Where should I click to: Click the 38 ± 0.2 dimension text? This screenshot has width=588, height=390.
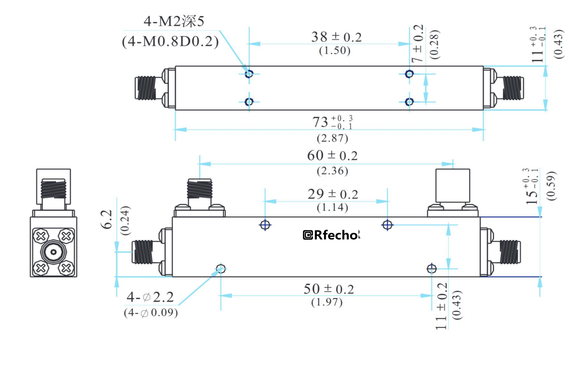pos(336,37)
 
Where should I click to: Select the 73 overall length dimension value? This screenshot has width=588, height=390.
pos(332,122)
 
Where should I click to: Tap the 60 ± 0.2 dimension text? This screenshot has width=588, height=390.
pos(332,156)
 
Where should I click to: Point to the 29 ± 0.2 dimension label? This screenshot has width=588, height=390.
pos(333,194)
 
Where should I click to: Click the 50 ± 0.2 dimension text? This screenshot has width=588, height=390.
pos(329,289)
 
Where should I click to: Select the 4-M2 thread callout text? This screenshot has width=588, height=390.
pos(174,21)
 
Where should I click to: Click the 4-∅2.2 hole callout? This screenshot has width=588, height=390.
pos(150,297)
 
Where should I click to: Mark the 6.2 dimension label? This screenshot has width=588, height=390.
pos(106,219)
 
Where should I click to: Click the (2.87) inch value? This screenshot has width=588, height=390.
pos(332,138)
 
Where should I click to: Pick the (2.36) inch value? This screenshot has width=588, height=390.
pos(332,171)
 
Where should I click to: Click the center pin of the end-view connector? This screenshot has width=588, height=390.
pos(53,252)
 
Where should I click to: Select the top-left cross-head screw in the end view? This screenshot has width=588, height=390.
pos(41,236)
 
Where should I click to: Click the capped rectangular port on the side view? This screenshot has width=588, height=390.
pos(452,185)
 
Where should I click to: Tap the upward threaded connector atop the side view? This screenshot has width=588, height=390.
pos(200,189)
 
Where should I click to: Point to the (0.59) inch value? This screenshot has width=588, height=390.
pos(551,186)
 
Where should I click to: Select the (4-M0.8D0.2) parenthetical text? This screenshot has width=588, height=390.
pos(170,42)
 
